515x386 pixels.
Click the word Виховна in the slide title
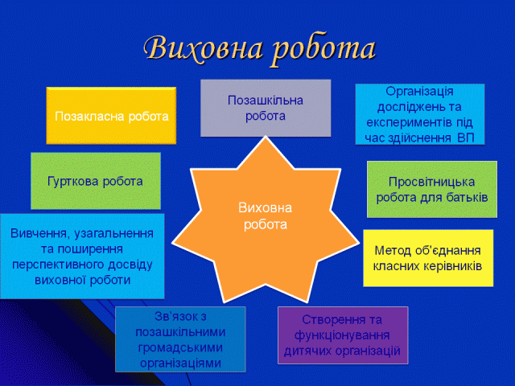[x=204, y=48]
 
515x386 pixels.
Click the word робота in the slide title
[x=323, y=50]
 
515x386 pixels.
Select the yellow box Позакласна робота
[x=111, y=116]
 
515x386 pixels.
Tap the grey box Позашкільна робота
[x=266, y=108]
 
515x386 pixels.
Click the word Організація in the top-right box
[x=419, y=92]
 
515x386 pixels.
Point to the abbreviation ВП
[x=466, y=138]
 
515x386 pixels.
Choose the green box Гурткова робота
[x=96, y=181]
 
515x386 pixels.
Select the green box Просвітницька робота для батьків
[x=432, y=190]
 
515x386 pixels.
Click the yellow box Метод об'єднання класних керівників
[x=428, y=258]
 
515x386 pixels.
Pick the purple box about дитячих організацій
[x=343, y=335]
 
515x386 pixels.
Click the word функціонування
[x=342, y=335]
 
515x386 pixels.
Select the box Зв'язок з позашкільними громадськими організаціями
[x=180, y=339]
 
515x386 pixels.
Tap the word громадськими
[x=180, y=347]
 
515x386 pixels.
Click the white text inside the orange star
[x=266, y=216]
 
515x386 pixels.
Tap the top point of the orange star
[x=266, y=137]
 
